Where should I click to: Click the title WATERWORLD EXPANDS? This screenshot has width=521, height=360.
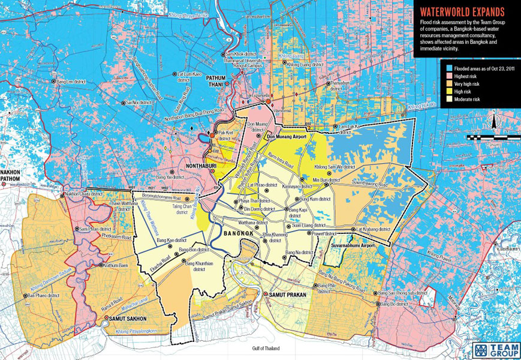coord(462,11)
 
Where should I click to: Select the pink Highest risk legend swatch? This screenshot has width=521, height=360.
coord(447,77)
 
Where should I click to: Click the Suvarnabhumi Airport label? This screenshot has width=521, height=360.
coord(357,246)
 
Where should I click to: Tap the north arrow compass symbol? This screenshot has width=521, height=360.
coord(493,122)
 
